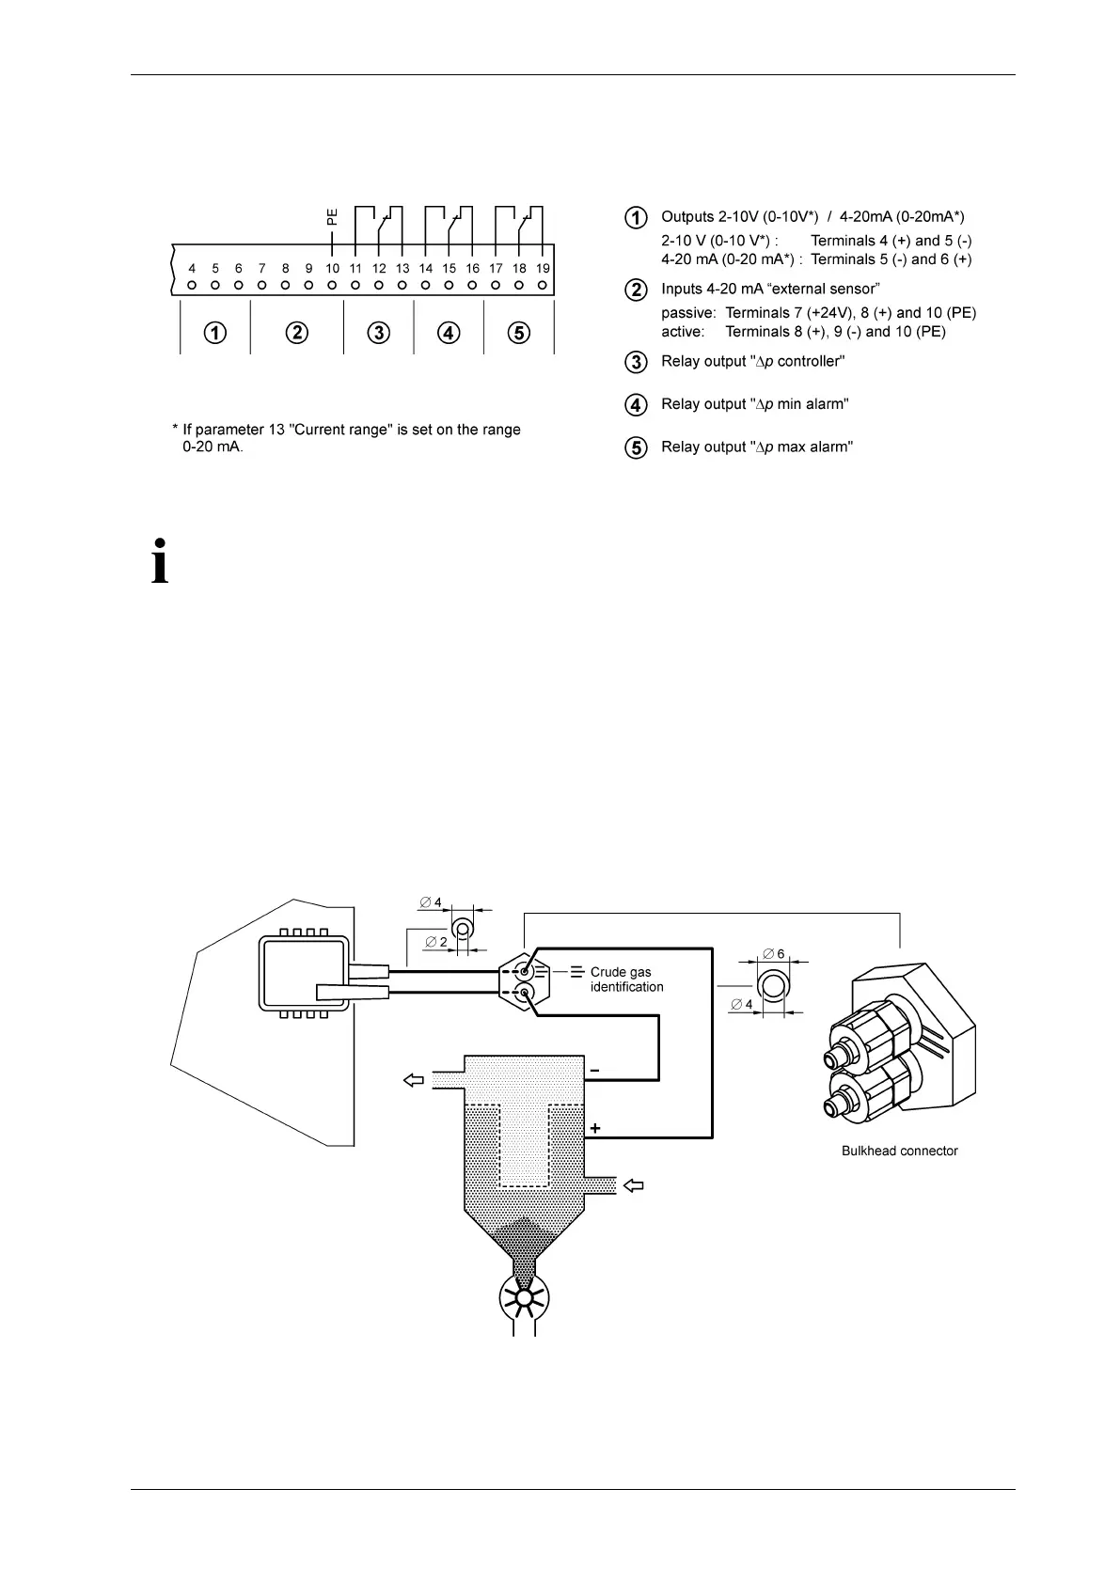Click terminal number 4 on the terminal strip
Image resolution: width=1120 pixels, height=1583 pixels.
(192, 269)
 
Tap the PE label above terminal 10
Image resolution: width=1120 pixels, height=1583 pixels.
(332, 217)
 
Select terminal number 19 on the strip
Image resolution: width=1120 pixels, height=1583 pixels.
(543, 269)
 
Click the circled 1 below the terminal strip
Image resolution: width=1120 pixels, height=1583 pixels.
(216, 333)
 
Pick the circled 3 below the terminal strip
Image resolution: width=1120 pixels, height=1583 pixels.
(378, 333)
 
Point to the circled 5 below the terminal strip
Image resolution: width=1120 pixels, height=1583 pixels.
(518, 333)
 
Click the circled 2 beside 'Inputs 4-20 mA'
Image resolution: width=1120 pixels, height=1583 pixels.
(637, 290)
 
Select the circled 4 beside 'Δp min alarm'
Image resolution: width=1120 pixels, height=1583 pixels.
(637, 405)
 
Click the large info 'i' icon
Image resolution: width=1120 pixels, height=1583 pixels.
(161, 562)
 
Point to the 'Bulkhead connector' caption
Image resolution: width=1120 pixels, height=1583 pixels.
(899, 1151)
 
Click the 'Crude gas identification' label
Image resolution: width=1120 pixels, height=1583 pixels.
(626, 980)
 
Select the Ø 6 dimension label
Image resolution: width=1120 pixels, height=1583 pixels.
(774, 954)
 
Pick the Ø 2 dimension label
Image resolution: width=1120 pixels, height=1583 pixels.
(436, 942)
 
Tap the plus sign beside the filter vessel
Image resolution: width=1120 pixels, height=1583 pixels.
(595, 1128)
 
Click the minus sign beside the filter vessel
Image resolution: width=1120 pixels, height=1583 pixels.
(594, 1071)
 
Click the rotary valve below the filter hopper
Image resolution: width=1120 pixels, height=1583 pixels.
(524, 1299)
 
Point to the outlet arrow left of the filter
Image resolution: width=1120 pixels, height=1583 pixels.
(414, 1081)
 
